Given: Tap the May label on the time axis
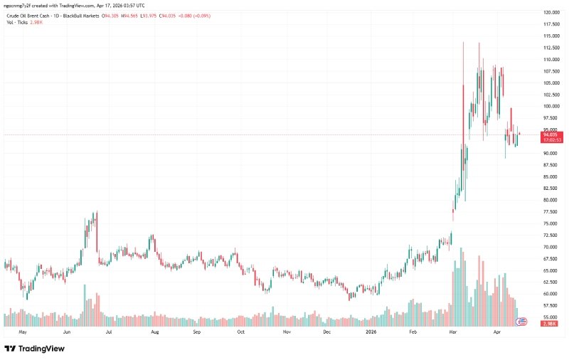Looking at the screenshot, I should pyautogui.click(x=22, y=332).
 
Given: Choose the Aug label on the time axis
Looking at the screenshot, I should pyautogui.click(x=154, y=332).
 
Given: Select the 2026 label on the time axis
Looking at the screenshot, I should pyautogui.click(x=371, y=332).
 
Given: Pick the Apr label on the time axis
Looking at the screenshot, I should pyautogui.click(x=497, y=332).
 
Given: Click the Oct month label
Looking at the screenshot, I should pyautogui.click(x=241, y=332).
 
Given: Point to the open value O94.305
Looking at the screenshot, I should pyautogui.click(x=111, y=15).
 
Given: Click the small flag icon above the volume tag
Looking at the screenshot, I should pyautogui.click(x=521, y=321).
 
